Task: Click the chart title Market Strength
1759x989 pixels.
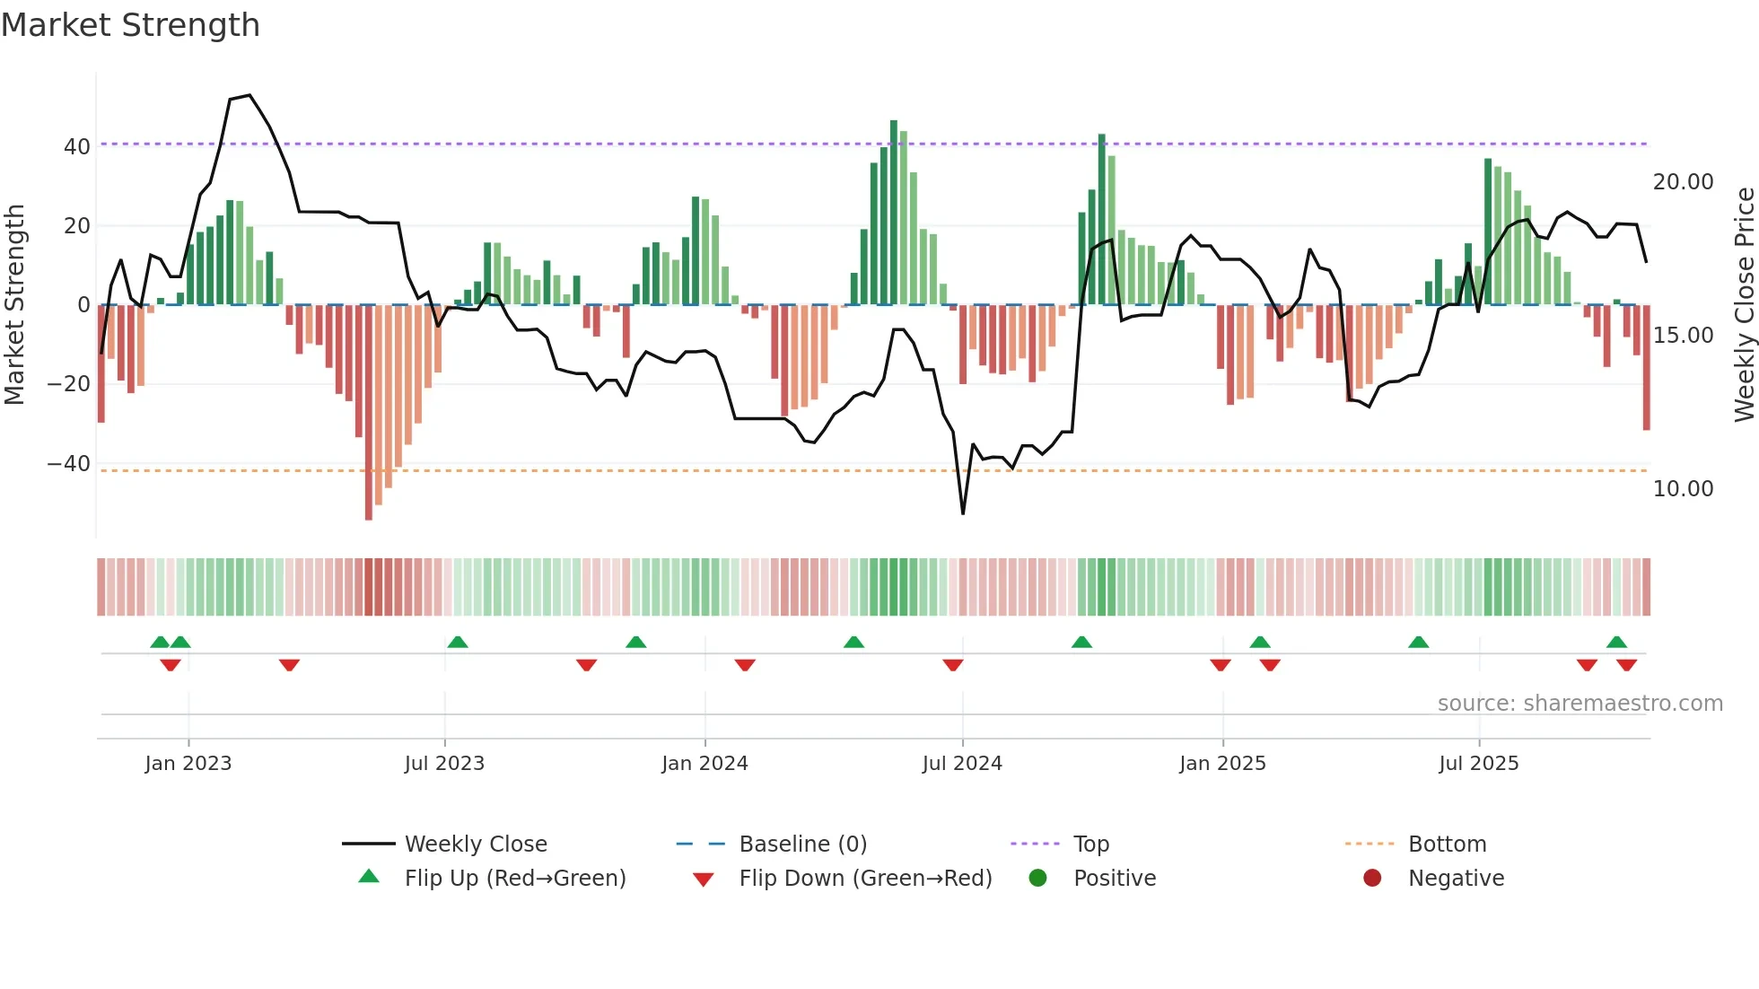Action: [130, 25]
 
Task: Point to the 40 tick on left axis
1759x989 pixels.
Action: [77, 146]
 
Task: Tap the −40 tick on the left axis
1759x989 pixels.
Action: [69, 464]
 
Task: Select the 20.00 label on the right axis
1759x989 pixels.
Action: [1683, 182]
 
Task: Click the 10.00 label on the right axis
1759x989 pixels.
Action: [1683, 489]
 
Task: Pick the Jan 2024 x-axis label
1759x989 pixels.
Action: [704, 764]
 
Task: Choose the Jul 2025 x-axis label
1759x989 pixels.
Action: [1478, 764]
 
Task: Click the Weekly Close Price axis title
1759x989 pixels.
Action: [1744, 305]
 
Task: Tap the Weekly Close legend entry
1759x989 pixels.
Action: [475, 845]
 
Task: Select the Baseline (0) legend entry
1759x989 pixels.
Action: [802, 845]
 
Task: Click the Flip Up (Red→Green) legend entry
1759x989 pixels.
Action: [514, 879]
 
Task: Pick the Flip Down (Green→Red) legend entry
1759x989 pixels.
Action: [865, 879]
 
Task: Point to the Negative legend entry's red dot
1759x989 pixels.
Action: [1372, 879]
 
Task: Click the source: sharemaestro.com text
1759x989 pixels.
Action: [1580, 704]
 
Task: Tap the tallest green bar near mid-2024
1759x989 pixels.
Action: [894, 212]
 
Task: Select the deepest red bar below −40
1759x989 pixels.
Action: [369, 413]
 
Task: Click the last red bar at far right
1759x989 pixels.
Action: [1647, 368]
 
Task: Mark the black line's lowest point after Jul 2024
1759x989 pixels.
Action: [963, 513]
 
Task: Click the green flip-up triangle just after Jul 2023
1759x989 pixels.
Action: [458, 642]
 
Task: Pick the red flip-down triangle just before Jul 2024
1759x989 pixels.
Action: [953, 665]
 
